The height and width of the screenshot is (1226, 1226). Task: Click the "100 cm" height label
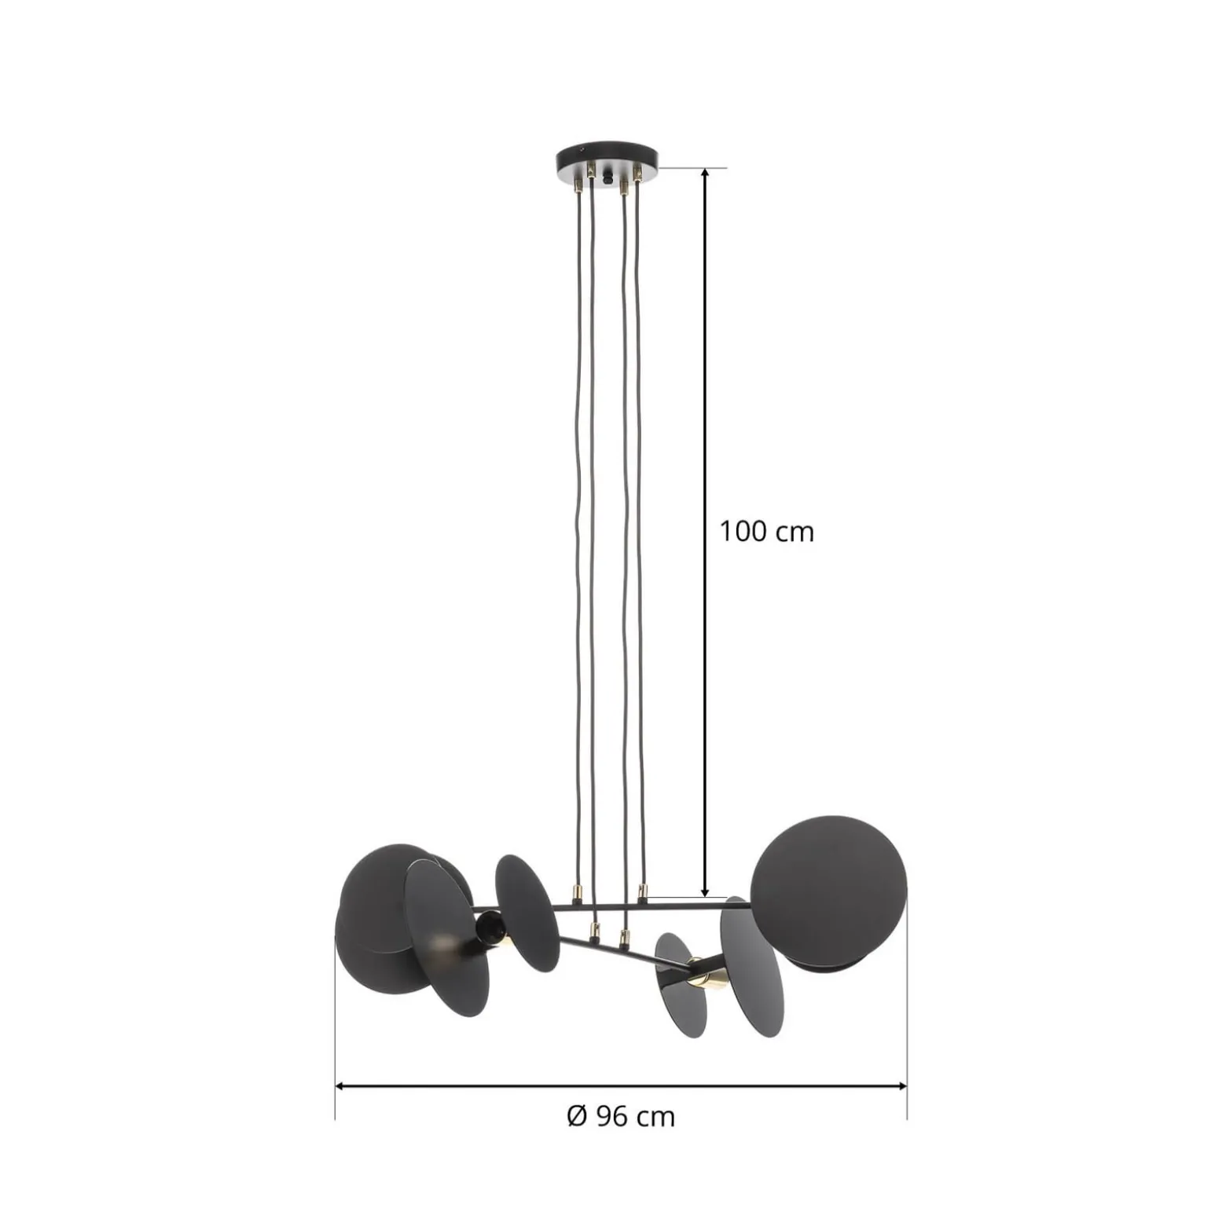coord(766,532)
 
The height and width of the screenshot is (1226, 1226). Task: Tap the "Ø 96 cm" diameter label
coord(621,1116)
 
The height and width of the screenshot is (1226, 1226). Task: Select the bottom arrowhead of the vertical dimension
coord(705,890)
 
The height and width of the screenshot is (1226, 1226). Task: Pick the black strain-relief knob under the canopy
coord(607,179)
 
